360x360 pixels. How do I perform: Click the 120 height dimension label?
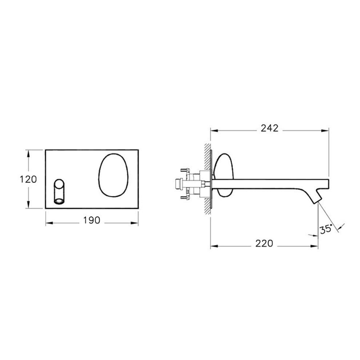pyautogui.click(x=28, y=179)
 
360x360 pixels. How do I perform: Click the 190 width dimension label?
pyautogui.click(x=92, y=220)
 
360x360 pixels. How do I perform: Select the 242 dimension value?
pyautogui.click(x=269, y=128)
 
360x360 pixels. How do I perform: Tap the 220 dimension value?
pyautogui.click(x=264, y=244)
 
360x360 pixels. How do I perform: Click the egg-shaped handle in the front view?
pyautogui.click(x=113, y=175)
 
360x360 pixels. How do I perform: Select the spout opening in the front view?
pyautogui.click(x=59, y=201)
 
